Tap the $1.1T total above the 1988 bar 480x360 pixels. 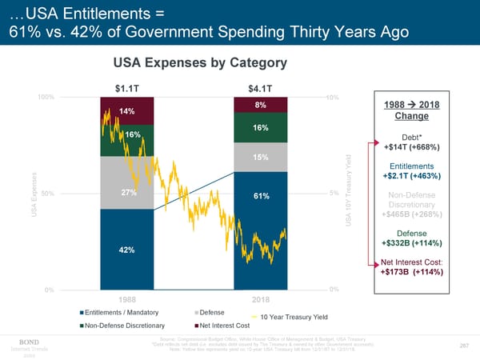pos(126,88)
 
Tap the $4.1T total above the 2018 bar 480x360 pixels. pos(261,88)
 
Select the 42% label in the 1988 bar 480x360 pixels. pos(126,250)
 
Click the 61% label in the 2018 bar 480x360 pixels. pos(261,197)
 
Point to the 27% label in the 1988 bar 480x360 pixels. pos(128,192)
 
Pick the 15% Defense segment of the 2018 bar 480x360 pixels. pos(260,157)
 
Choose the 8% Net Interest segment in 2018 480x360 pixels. pos(261,106)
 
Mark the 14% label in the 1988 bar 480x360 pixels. pos(126,110)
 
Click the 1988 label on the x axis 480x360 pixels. pos(126,299)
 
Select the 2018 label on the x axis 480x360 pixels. pos(261,299)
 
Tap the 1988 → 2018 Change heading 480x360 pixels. pos(417,111)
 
